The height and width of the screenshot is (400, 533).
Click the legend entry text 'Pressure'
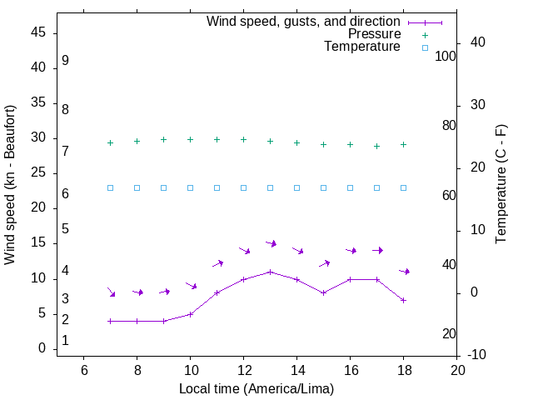click(x=375, y=34)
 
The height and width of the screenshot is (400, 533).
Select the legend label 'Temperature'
click(x=362, y=47)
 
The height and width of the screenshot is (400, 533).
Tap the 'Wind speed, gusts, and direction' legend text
click(x=304, y=22)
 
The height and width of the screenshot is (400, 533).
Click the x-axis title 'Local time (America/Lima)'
click(x=257, y=388)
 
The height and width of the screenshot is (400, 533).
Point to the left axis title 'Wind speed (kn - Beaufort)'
click(x=10, y=185)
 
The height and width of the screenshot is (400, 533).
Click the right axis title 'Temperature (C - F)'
click(x=501, y=185)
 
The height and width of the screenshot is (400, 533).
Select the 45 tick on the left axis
click(x=39, y=33)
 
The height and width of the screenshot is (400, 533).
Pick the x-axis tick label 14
click(x=296, y=370)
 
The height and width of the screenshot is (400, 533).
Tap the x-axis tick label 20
click(x=456, y=370)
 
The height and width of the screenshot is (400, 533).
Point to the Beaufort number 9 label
click(x=65, y=61)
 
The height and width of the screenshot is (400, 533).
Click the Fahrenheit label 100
click(x=446, y=57)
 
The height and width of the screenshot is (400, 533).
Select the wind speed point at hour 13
click(x=270, y=272)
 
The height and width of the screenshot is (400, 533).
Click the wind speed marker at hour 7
click(x=110, y=321)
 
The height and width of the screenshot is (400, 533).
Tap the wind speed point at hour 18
click(x=403, y=300)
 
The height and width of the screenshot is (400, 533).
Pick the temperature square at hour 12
click(x=243, y=187)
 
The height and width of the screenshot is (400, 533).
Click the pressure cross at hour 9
click(x=163, y=140)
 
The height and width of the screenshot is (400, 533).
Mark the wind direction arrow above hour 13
click(x=271, y=243)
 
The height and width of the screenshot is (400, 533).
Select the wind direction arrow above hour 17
click(x=377, y=250)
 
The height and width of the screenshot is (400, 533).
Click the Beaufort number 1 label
click(x=65, y=341)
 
